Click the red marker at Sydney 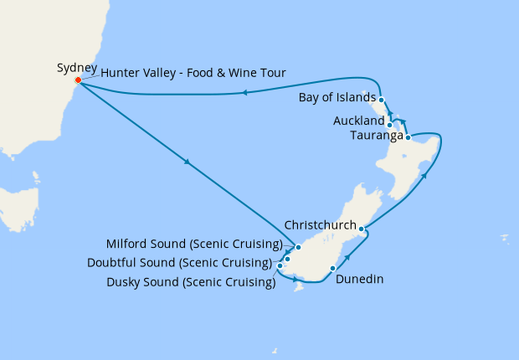pyautogui.click(x=78, y=80)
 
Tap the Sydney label pyautogui.click(x=77, y=67)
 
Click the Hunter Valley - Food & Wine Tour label pyautogui.click(x=194, y=74)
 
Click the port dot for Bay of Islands pyautogui.click(x=381, y=100)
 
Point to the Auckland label pyautogui.click(x=358, y=121)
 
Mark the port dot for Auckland pyautogui.click(x=390, y=126)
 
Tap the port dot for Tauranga pyautogui.click(x=408, y=137)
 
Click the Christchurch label pyautogui.click(x=319, y=225)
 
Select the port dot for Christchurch pyautogui.click(x=361, y=228)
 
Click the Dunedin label pyautogui.click(x=359, y=280)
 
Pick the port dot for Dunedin pyautogui.click(x=333, y=269)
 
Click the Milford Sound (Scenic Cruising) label pyautogui.click(x=195, y=244)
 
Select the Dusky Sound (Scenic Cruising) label pyautogui.click(x=191, y=282)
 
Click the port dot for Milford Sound pyautogui.click(x=298, y=247)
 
